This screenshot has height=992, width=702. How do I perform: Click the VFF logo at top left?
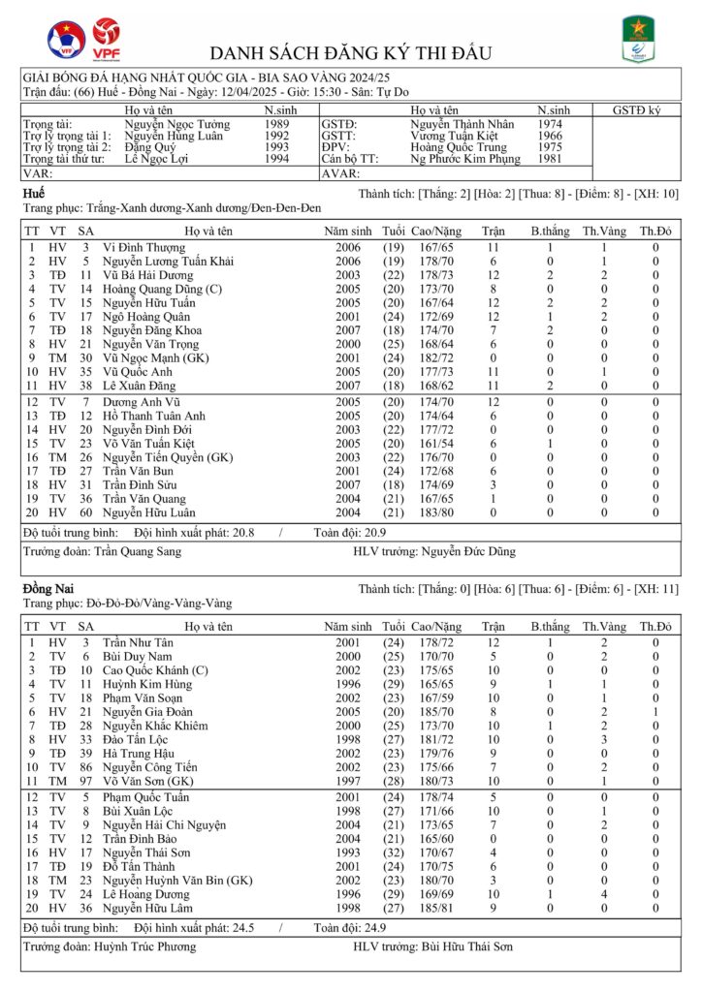pos(66,41)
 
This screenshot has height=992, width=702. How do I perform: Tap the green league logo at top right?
pos(636,40)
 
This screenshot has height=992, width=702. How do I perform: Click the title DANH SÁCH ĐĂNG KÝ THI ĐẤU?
pos(350,52)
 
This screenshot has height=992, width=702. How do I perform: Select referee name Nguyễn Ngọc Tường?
pos(177,125)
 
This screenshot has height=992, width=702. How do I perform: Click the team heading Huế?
pos(33,195)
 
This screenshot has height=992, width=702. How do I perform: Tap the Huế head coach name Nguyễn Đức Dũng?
pos(468,552)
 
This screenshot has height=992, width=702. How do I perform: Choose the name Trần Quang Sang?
pos(138,552)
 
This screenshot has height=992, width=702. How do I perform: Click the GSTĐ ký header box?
pos(635,111)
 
